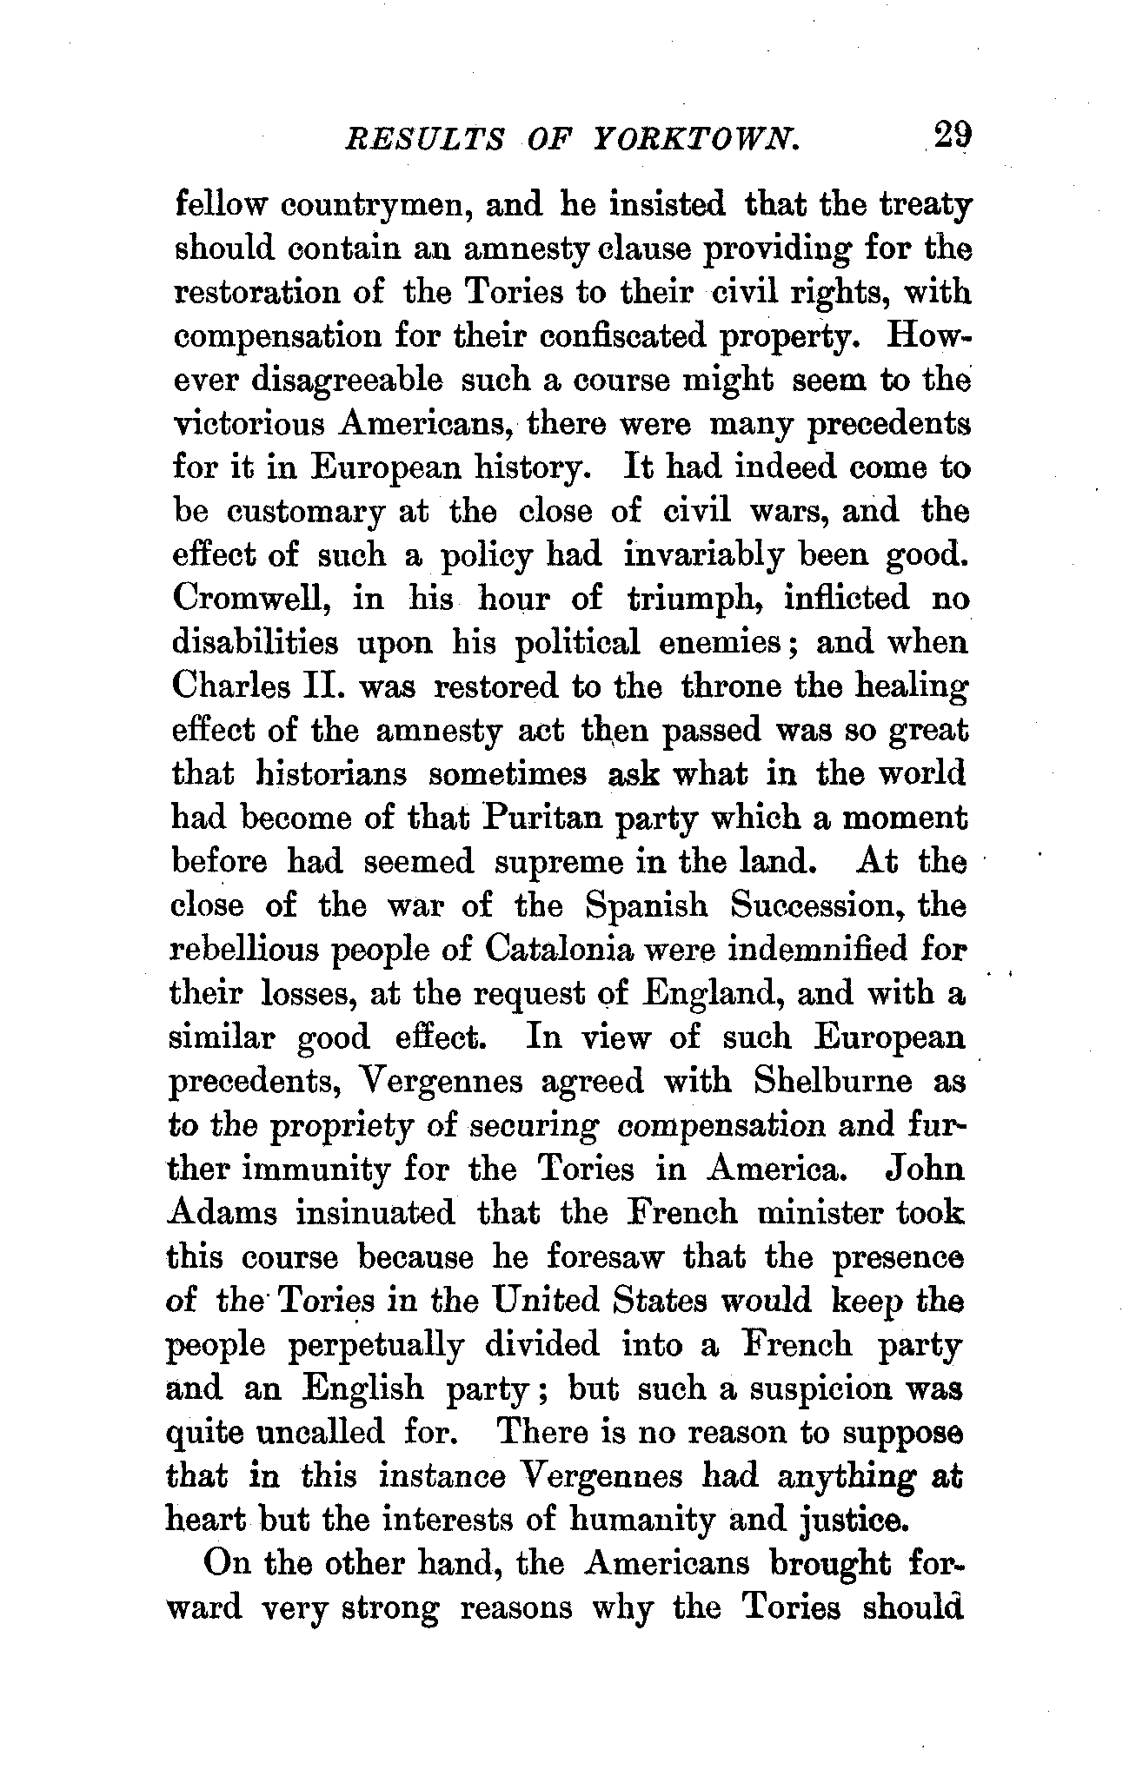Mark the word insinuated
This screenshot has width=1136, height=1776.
tap(375, 1213)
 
